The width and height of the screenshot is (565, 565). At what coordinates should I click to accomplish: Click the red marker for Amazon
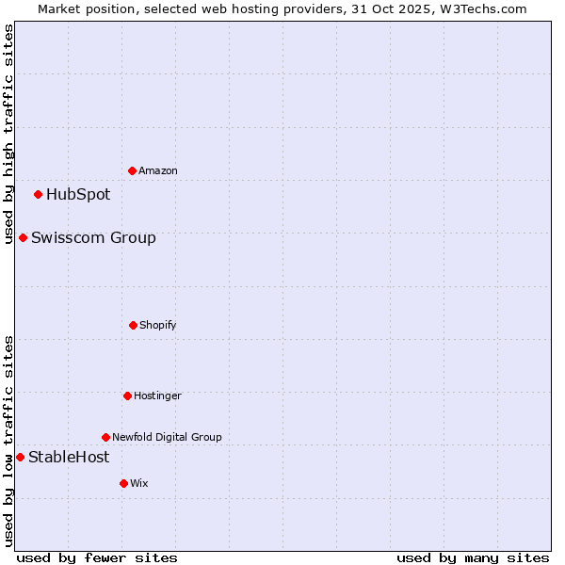click(x=133, y=170)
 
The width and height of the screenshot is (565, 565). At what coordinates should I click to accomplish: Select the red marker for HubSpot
click(x=39, y=195)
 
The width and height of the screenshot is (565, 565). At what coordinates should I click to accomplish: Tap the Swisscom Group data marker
click(x=23, y=238)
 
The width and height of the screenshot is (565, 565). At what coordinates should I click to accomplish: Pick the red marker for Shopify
click(x=133, y=325)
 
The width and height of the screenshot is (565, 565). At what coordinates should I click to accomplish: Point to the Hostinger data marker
click(x=127, y=395)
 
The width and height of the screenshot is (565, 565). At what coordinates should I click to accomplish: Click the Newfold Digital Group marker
click(x=105, y=437)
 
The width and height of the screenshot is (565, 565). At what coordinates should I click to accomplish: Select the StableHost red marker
click(x=20, y=458)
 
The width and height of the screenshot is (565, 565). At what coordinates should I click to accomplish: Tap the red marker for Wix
click(x=123, y=483)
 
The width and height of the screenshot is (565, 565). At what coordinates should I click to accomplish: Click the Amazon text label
click(x=158, y=171)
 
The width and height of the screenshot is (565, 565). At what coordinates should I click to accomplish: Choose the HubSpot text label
click(x=78, y=195)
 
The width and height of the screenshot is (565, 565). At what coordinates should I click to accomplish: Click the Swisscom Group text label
click(x=93, y=238)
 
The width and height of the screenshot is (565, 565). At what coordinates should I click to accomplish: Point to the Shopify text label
click(x=158, y=326)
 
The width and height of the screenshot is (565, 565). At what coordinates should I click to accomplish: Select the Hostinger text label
click(x=157, y=396)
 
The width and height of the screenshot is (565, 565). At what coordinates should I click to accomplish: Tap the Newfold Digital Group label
click(x=167, y=437)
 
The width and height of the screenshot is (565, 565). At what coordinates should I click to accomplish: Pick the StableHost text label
click(x=69, y=458)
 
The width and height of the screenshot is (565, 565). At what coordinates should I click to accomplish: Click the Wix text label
click(x=139, y=484)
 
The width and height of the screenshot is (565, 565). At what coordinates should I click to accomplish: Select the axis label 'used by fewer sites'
click(x=97, y=557)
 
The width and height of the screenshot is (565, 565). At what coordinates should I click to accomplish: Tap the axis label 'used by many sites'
click(x=473, y=557)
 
